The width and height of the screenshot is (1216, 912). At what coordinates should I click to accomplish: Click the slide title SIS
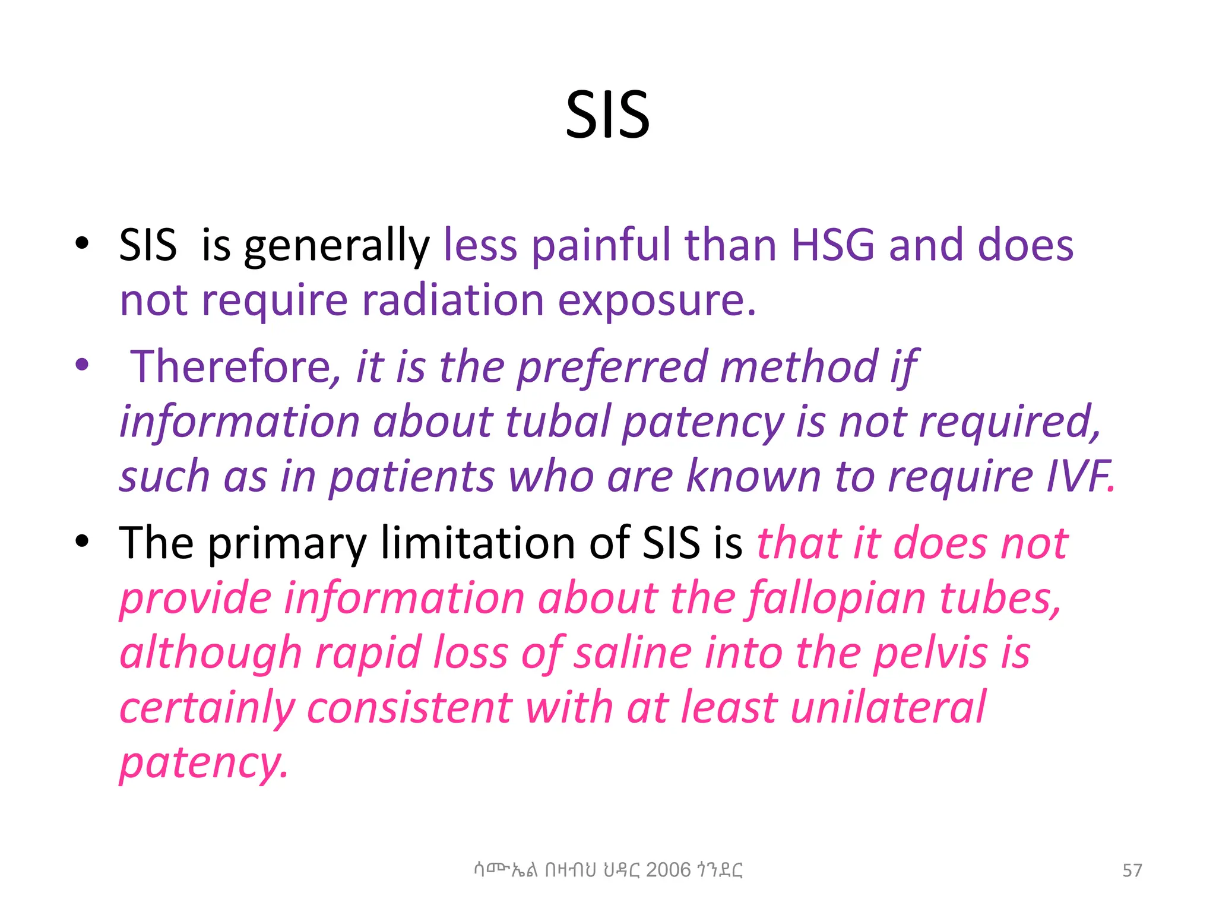(607, 115)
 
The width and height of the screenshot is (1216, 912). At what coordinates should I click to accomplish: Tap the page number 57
(1132, 870)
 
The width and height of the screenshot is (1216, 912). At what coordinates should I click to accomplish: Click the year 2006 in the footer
(668, 870)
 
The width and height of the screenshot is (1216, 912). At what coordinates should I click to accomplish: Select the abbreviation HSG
(832, 245)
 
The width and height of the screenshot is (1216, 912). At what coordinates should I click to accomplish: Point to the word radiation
(452, 300)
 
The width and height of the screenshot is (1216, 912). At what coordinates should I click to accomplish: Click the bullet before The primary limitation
(82, 541)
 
